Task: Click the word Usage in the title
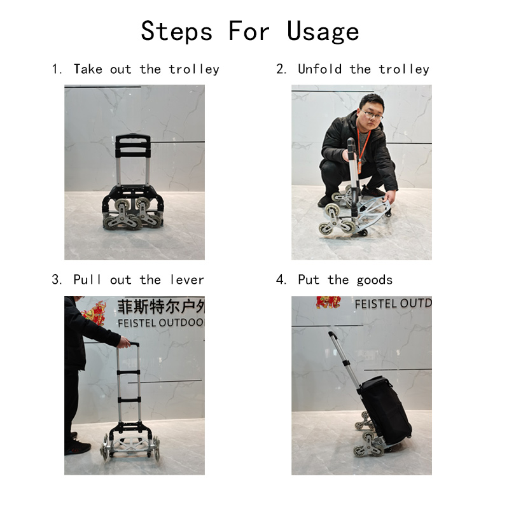click(323, 32)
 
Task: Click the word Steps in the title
click(177, 31)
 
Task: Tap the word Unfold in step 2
click(320, 69)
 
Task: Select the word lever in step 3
click(187, 279)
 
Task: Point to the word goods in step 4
click(375, 280)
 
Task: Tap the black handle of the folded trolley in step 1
click(133, 145)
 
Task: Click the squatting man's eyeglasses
click(373, 115)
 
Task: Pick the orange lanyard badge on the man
click(360, 165)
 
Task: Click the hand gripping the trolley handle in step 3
click(124, 342)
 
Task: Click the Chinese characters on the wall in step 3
click(161, 306)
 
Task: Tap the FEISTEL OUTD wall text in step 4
click(393, 303)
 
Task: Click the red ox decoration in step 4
click(328, 302)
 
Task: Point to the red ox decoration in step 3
click(94, 313)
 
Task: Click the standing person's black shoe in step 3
click(78, 448)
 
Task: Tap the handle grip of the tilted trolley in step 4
click(331, 335)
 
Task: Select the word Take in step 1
click(88, 69)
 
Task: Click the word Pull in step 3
click(87, 279)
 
